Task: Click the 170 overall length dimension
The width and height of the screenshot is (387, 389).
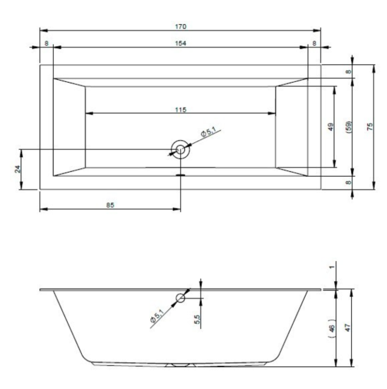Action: click(181, 27)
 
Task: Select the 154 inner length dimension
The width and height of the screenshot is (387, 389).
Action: click(181, 43)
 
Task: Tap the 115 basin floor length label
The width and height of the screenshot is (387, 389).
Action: click(181, 110)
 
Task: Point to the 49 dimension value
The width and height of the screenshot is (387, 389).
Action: click(331, 127)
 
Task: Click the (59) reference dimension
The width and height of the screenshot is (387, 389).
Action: click(349, 127)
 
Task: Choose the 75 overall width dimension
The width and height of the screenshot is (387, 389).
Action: click(369, 127)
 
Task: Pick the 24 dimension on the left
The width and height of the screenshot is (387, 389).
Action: click(18, 169)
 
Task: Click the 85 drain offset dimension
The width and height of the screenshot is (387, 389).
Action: click(110, 205)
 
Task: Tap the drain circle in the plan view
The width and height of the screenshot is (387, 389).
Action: click(180, 150)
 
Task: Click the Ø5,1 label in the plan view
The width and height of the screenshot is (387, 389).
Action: click(208, 132)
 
